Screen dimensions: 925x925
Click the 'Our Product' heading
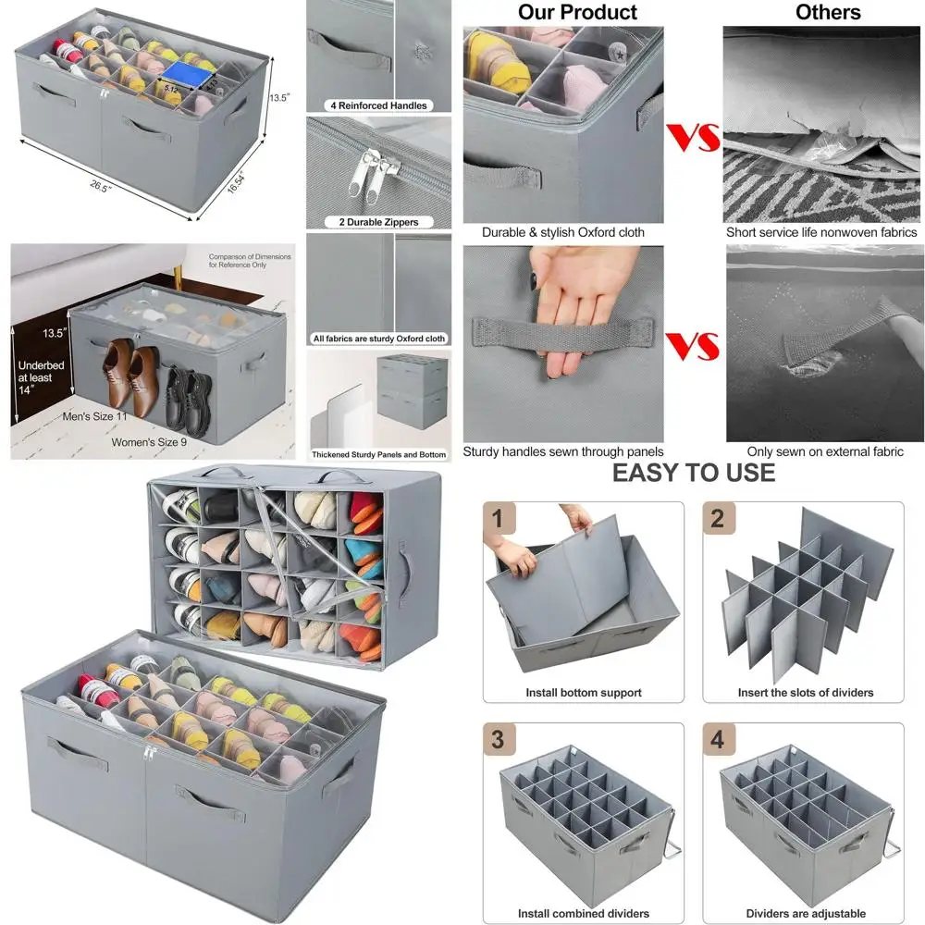(577, 12)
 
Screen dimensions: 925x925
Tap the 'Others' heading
(827, 12)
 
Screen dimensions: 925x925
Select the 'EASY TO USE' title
(694, 473)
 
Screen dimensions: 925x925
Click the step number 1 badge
(499, 518)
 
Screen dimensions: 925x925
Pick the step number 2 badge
(718, 518)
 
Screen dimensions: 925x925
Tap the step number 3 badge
(499, 738)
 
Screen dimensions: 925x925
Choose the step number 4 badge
(718, 738)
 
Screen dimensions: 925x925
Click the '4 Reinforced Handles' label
(378, 105)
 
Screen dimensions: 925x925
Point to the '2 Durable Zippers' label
(378, 222)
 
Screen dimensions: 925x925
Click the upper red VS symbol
(693, 137)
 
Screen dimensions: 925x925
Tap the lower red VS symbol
(693, 346)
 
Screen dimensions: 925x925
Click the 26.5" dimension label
(100, 187)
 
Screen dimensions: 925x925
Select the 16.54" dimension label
(236, 181)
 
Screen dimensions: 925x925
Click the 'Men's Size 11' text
(95, 416)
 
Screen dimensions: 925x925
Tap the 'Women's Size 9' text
(149, 442)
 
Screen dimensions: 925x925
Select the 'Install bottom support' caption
(584, 693)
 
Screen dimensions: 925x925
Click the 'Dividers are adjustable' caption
(806, 914)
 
